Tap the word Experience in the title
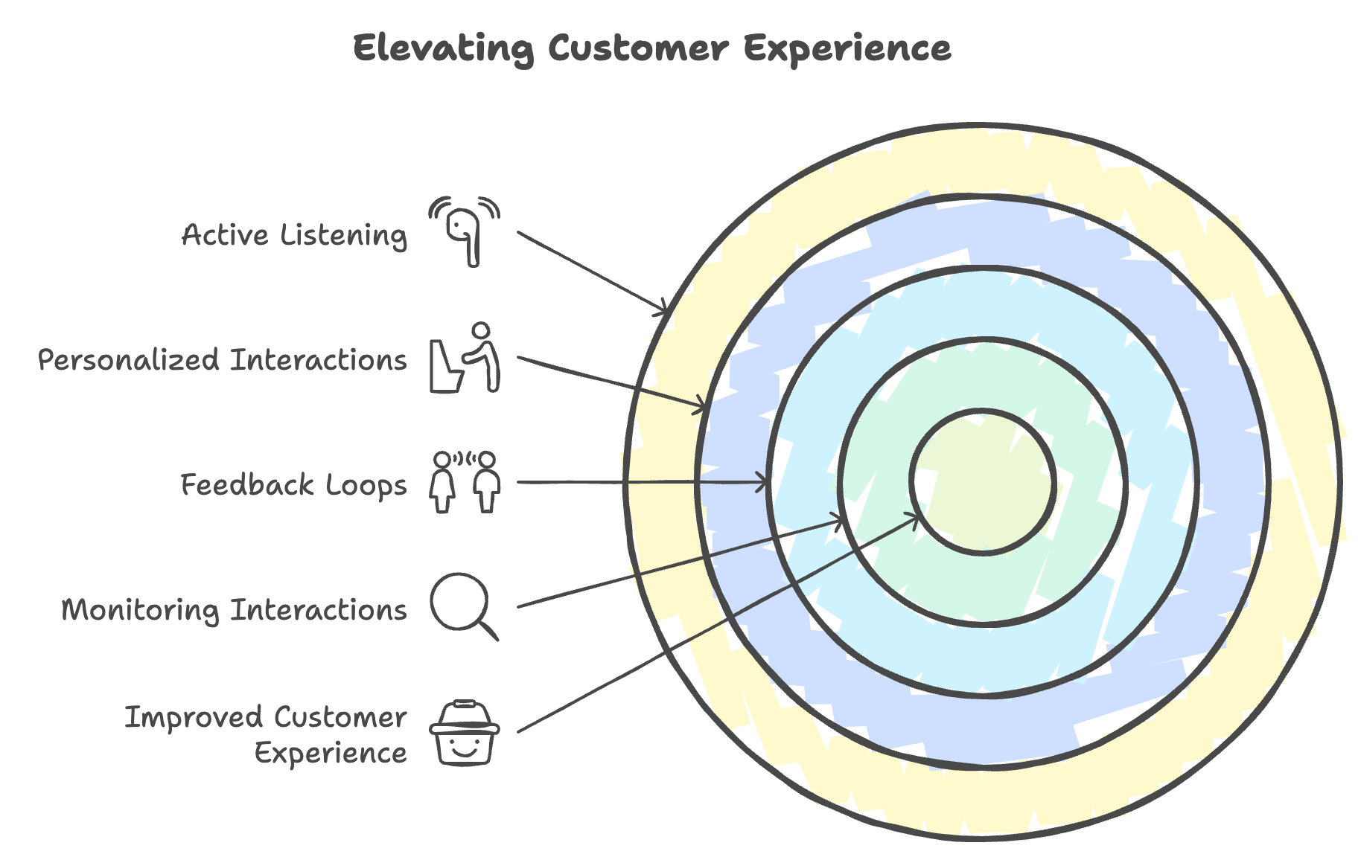click(847, 49)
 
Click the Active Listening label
click(295, 235)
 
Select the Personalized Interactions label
click(223, 360)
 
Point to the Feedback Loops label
click(294, 485)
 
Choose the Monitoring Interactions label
click(234, 610)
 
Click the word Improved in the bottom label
click(193, 718)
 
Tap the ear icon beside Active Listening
click(465, 231)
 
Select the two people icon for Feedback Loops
click(465, 482)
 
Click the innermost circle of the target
click(983, 482)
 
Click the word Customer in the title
click(638, 49)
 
